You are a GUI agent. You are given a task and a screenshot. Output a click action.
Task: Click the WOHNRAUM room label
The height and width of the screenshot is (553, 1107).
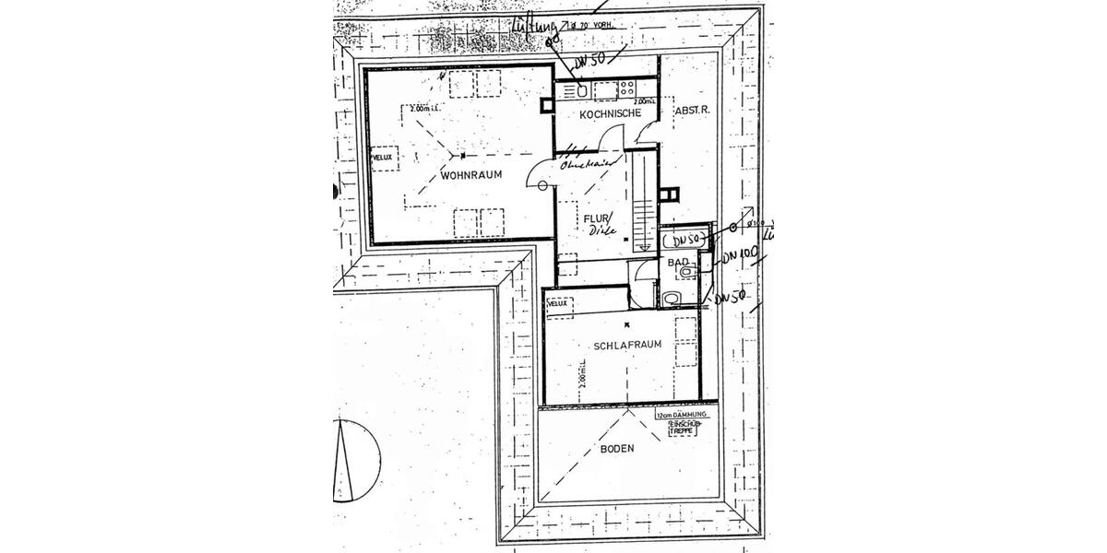pyautogui.click(x=470, y=174)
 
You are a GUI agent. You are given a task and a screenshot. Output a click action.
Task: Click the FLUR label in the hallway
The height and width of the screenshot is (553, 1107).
pyautogui.click(x=591, y=218)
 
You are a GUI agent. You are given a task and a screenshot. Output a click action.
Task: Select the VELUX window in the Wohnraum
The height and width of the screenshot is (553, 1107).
pyautogui.click(x=383, y=158)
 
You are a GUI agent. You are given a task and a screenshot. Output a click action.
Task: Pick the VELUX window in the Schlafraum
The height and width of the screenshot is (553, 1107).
pyautogui.click(x=556, y=302)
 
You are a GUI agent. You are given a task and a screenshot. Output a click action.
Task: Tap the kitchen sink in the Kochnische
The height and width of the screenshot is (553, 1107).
pyautogui.click(x=583, y=90)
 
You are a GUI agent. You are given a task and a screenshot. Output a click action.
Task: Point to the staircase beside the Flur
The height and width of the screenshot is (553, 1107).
pyautogui.click(x=643, y=203)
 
